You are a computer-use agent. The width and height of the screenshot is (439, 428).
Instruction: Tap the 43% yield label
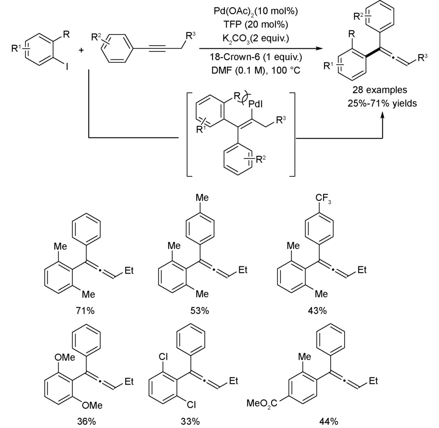click(317, 311)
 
